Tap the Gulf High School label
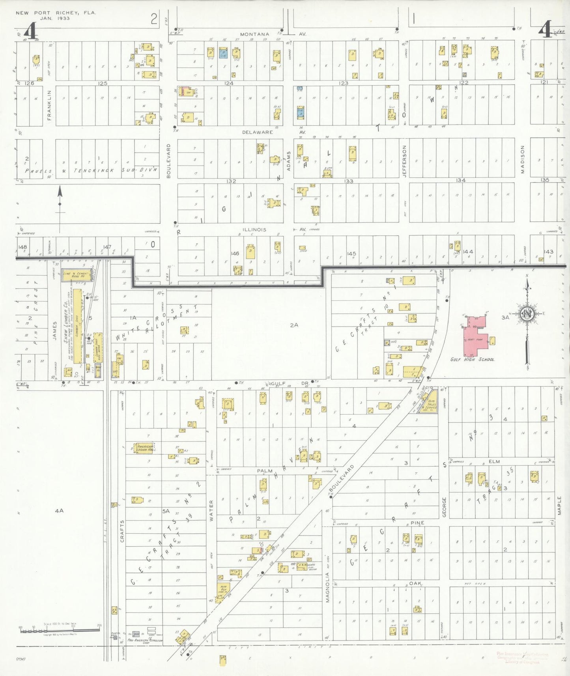point(472,359)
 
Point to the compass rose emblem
point(526,314)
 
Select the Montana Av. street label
point(254,34)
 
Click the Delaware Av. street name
point(257,132)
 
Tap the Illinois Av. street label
point(254,230)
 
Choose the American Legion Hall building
point(144,447)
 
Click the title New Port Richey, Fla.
point(56,13)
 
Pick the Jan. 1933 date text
point(56,18)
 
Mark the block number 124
point(229,83)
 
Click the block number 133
point(349,181)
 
